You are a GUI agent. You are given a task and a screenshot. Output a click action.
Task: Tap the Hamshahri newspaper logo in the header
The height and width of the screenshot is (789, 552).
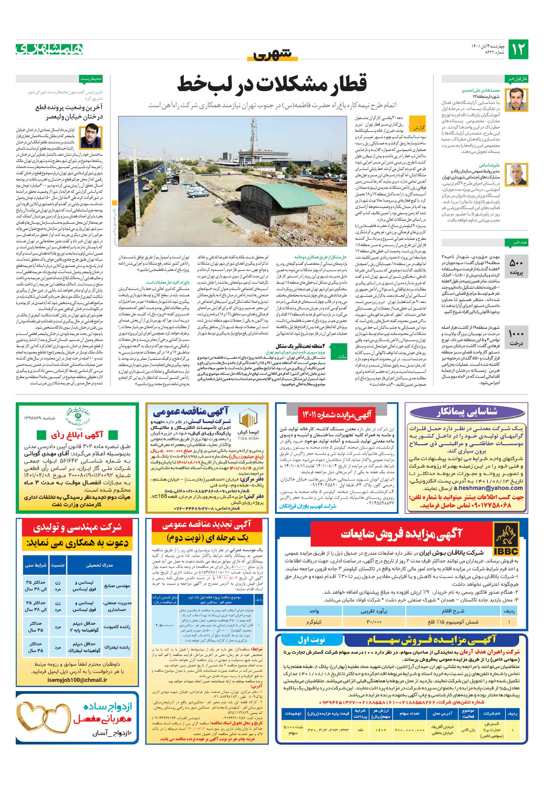point(49,49)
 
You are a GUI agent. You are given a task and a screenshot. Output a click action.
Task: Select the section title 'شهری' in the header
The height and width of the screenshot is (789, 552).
point(272,55)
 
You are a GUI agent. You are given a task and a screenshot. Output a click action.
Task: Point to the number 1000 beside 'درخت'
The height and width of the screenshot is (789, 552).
point(516,334)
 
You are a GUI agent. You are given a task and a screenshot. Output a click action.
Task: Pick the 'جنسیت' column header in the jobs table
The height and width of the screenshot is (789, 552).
point(58,565)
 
